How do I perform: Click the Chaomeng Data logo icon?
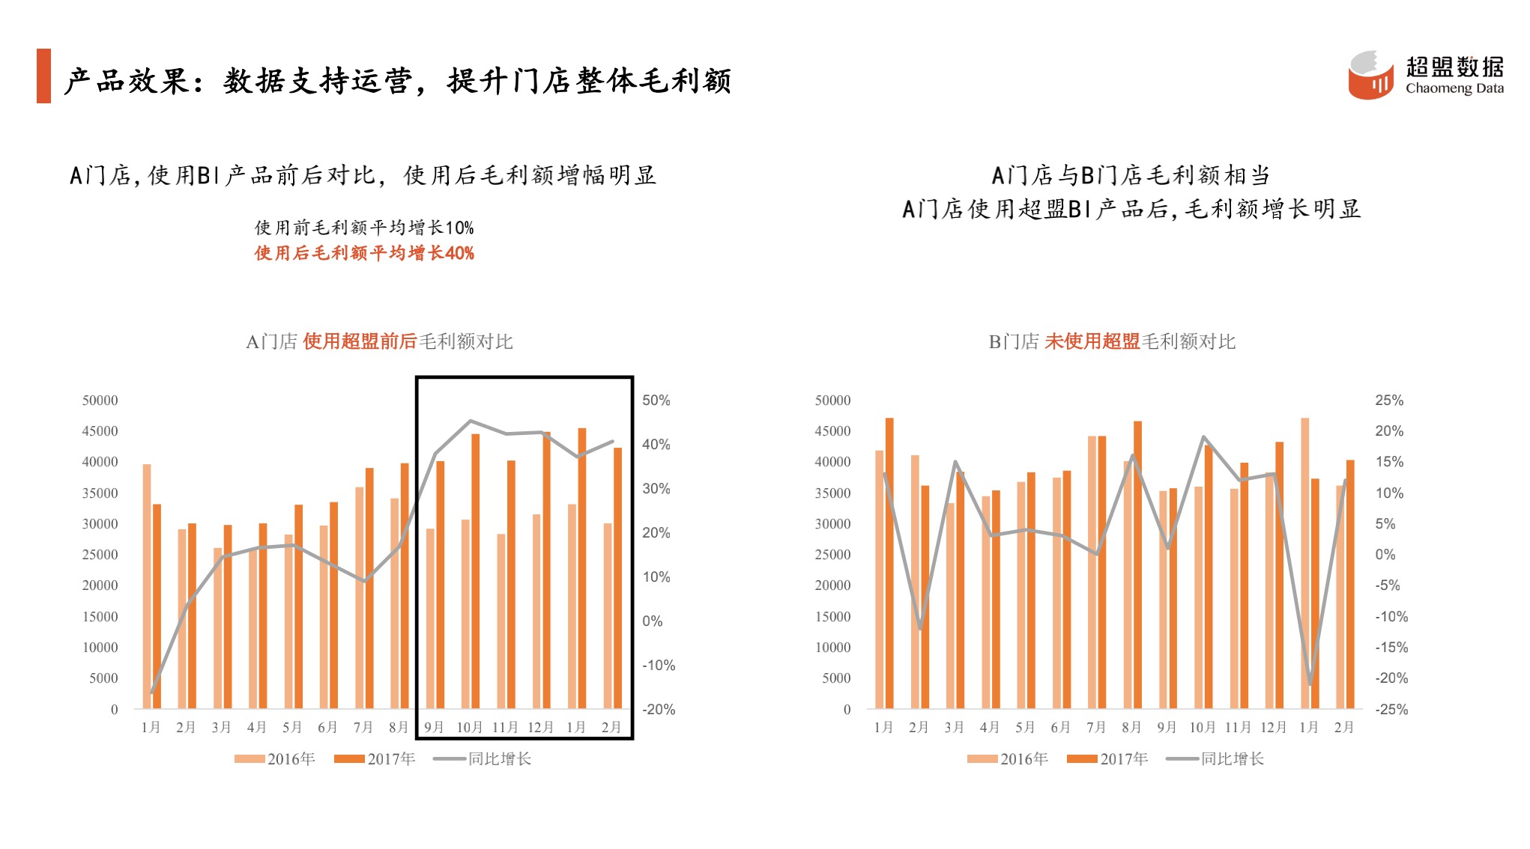1371,75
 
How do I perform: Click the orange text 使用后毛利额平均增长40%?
364,253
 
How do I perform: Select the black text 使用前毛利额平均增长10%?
364,228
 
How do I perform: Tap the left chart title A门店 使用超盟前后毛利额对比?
379,342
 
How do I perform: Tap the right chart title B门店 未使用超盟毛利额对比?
1112,342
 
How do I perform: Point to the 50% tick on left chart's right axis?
656,401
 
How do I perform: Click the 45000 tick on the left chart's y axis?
100,431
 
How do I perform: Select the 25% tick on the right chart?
1388,401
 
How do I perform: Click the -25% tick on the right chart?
1391,709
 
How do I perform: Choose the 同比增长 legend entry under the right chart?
1215,759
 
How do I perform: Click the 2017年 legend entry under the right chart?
1107,759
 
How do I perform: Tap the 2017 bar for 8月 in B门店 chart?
1137,565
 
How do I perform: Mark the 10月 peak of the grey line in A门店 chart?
470,421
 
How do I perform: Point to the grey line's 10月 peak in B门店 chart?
1203,436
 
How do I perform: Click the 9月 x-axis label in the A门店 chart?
434,728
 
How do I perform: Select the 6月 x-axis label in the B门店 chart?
1060,728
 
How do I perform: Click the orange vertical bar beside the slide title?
43,76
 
